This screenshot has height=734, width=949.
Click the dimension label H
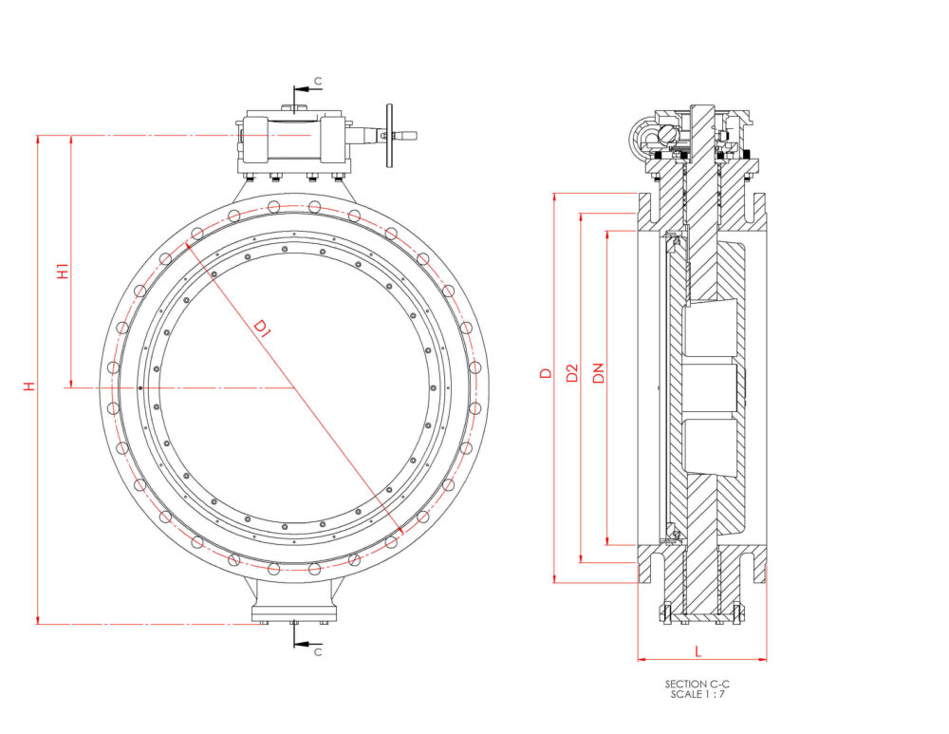(x=29, y=386)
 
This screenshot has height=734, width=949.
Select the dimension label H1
(x=63, y=270)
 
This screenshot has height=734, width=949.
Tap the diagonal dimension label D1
(x=262, y=329)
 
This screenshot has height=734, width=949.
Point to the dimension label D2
(x=571, y=373)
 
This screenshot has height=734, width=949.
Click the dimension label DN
(x=598, y=373)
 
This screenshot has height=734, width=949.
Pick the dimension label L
(x=698, y=650)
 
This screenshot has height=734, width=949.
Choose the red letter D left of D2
(x=545, y=373)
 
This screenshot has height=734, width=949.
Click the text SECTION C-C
(x=698, y=684)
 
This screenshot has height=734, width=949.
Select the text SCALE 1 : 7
(x=698, y=693)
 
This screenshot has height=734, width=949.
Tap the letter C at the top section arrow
(x=318, y=83)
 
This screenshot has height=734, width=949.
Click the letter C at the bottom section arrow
(x=318, y=652)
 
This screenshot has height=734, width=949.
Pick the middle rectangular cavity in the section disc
(x=707, y=387)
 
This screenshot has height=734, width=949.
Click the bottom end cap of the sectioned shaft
(x=700, y=617)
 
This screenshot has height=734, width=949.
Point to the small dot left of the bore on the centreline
(x=140, y=387)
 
